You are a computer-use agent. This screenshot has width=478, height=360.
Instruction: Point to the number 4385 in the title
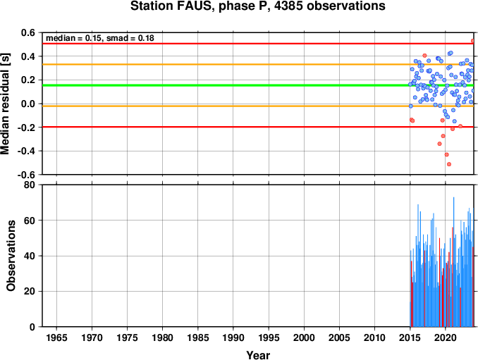pyautogui.click(x=288, y=6)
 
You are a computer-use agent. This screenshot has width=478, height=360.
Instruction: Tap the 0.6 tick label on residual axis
pyautogui.click(x=28, y=32)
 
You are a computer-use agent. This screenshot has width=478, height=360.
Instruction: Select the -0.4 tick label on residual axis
pyautogui.click(x=26, y=151)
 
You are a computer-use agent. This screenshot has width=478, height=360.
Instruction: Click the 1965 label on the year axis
pyautogui.click(x=56, y=337)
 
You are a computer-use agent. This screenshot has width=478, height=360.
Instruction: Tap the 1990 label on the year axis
pyautogui.click(x=233, y=337)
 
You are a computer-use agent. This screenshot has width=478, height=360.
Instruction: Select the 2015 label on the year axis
pyautogui.click(x=410, y=337)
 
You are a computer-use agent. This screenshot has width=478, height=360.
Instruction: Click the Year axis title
pyautogui.click(x=258, y=355)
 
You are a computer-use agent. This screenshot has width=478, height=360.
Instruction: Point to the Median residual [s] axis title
pyautogui.click(x=5, y=104)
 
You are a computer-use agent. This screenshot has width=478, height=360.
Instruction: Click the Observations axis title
pyautogui.click(x=11, y=256)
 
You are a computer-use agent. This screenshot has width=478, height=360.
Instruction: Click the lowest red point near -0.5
pyautogui.click(x=448, y=164)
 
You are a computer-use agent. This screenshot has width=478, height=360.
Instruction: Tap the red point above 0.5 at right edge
pyautogui.click(x=473, y=40)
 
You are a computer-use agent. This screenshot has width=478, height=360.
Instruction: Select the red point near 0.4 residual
pyautogui.click(x=424, y=56)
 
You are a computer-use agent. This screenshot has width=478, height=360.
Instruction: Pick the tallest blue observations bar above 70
pyautogui.click(x=453, y=261)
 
